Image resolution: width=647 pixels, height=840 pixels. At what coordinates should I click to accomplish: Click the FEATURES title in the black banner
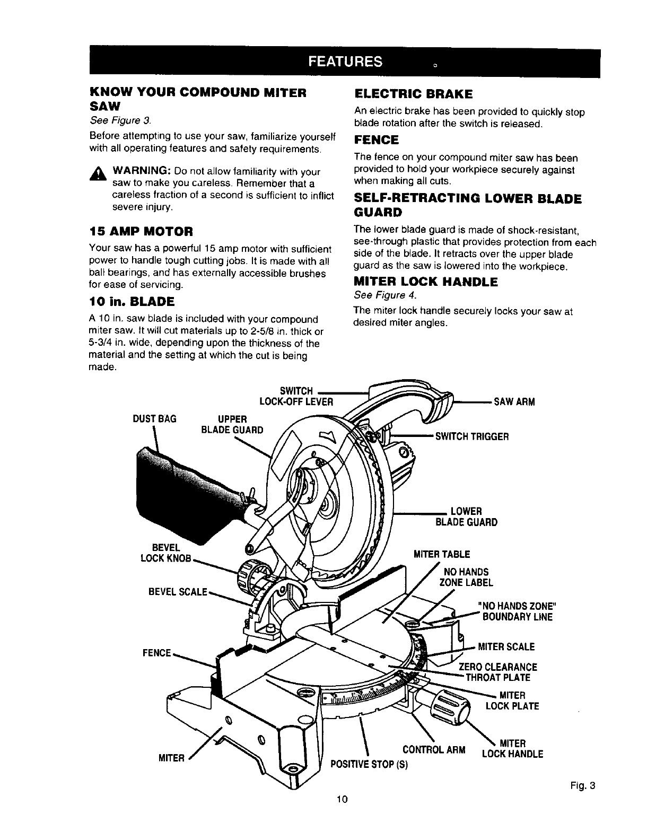coord(345,62)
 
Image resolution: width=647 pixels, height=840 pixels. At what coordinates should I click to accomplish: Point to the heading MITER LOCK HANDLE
coord(425,282)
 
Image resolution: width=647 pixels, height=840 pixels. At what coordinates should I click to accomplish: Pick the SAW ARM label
coord(514,401)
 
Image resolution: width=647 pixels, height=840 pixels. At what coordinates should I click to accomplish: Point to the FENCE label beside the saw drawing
coord(157,653)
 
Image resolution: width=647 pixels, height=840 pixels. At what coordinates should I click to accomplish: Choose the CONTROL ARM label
coord(434,750)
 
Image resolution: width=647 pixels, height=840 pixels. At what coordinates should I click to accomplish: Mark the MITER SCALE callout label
coord(506,647)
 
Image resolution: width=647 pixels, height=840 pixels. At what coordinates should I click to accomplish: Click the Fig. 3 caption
coord(584,786)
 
